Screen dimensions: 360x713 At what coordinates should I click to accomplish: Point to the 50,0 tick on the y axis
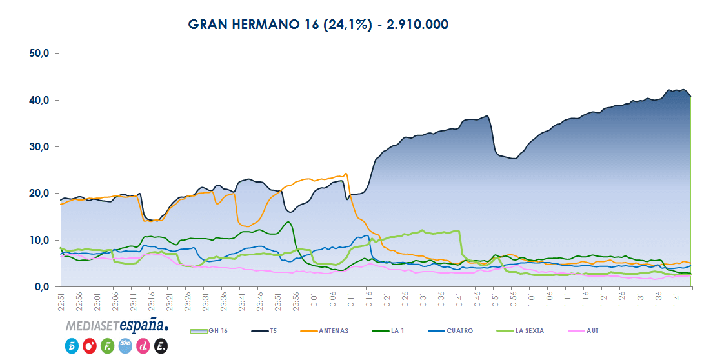pos(40,54)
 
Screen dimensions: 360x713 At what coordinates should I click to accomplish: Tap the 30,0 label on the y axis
pos(40,147)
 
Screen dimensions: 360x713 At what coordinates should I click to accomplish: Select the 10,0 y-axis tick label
pos(40,240)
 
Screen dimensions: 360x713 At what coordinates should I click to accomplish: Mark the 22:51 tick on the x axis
pos(61,302)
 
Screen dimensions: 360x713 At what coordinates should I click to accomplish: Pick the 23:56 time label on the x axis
pos(296,302)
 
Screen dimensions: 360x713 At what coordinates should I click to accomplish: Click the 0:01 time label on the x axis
pos(314,301)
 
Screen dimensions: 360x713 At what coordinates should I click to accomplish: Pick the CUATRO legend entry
pos(457,331)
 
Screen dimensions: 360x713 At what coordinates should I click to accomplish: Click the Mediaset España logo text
pos(117,325)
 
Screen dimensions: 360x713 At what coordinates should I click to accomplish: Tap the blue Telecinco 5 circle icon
pos(72,346)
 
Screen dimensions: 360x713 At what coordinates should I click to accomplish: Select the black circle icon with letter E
pos(161,346)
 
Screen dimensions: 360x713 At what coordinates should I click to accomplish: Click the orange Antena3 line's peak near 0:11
pos(346,174)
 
